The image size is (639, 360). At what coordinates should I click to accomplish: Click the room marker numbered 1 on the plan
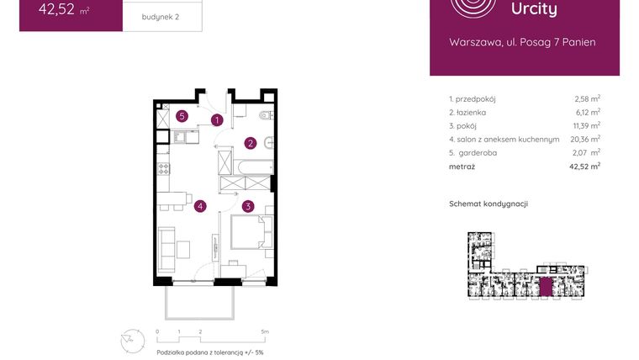click(x=217, y=120)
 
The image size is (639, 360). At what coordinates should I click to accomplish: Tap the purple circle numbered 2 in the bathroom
click(x=250, y=143)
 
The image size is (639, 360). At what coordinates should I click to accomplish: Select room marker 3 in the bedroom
click(x=248, y=205)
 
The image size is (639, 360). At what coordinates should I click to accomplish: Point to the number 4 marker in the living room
click(x=200, y=205)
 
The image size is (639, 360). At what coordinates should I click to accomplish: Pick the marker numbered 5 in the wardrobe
click(x=182, y=116)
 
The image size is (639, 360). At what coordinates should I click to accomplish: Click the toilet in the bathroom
click(x=265, y=115)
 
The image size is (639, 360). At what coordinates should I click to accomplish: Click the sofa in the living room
click(x=166, y=244)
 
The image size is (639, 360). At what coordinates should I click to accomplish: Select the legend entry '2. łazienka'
click(x=467, y=112)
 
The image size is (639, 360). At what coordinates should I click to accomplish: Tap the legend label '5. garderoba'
click(x=473, y=152)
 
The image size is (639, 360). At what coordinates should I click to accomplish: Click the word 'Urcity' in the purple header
click(x=534, y=9)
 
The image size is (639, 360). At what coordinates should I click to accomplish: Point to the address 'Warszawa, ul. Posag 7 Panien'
click(x=522, y=42)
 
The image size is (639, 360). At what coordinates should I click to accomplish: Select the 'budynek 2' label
click(x=161, y=17)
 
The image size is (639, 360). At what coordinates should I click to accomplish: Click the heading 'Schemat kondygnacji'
click(x=488, y=204)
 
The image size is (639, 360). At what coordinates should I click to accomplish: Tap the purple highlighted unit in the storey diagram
click(x=547, y=286)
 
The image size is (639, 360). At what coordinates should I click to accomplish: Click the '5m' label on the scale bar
click(x=265, y=332)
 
